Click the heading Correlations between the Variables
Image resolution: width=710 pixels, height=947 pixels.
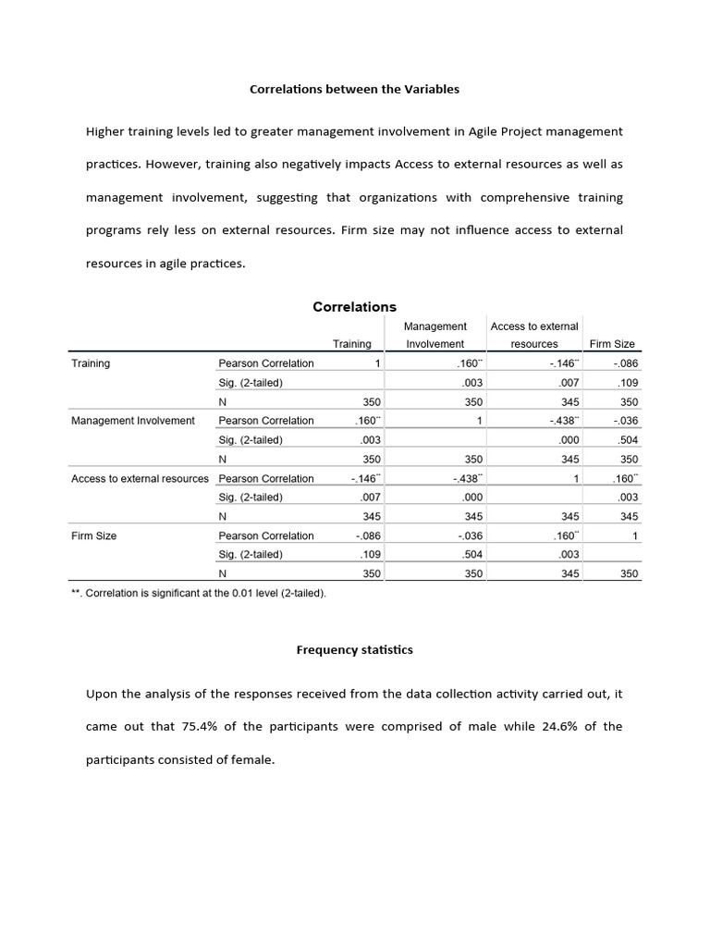coord(355,90)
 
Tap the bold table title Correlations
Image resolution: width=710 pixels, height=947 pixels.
coord(354,307)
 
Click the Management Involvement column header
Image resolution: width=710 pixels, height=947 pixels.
coord(435,335)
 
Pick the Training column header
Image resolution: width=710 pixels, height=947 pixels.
coord(351,344)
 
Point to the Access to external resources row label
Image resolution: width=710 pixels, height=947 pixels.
coord(141,478)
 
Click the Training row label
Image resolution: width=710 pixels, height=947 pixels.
coord(91,363)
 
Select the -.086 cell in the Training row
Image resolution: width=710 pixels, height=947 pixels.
coord(624,363)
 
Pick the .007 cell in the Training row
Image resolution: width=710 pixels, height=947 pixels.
coord(568,383)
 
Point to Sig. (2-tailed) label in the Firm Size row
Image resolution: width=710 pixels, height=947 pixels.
coord(251,555)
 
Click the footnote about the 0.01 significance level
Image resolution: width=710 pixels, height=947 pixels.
coord(199,593)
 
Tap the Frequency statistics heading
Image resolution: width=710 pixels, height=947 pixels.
coord(354,650)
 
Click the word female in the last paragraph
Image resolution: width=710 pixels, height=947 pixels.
coord(254,759)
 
